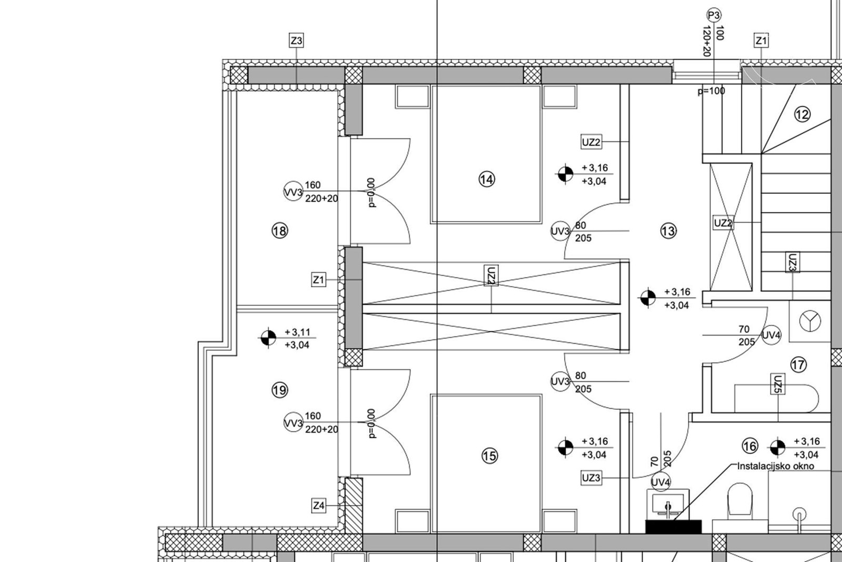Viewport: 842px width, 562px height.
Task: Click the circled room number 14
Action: point(487,179)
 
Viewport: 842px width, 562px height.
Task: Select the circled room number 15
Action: point(489,456)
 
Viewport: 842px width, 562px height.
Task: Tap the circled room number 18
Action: point(279,231)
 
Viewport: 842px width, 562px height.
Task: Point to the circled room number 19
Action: point(279,390)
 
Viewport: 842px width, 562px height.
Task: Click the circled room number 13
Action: point(668,231)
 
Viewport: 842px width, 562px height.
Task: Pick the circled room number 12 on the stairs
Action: point(802,114)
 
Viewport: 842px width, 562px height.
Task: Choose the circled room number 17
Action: point(798,364)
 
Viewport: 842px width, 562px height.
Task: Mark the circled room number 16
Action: point(750,446)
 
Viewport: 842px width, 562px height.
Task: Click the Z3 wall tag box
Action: point(296,40)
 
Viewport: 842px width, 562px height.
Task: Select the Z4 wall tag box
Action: point(318,506)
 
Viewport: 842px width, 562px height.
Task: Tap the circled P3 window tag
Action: point(714,15)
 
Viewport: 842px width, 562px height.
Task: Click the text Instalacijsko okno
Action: point(776,466)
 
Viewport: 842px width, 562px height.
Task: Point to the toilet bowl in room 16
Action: point(740,499)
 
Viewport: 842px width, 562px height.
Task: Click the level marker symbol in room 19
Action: point(268,338)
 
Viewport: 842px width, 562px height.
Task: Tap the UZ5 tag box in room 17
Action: point(778,383)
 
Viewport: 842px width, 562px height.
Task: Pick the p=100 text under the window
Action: point(711,91)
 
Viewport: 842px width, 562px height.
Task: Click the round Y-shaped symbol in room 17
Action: point(810,321)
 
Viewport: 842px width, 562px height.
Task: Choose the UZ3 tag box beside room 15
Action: point(591,478)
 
